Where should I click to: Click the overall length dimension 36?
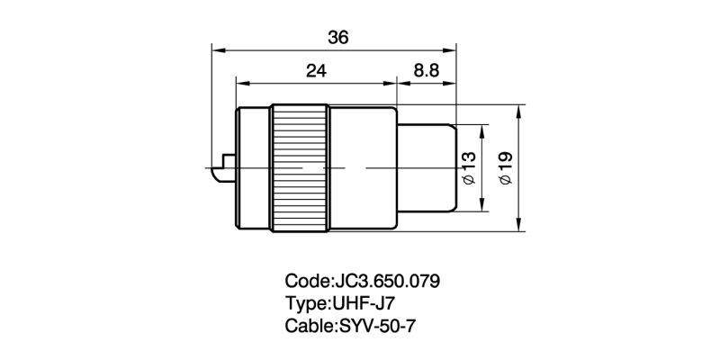click(338, 38)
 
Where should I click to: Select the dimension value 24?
click(316, 71)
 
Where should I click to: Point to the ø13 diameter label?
click(468, 168)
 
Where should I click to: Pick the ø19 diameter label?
click(506, 168)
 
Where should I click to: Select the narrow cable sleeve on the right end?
click(427, 168)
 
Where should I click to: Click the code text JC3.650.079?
click(389, 281)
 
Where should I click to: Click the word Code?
click(306, 281)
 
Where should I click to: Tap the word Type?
click(306, 302)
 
